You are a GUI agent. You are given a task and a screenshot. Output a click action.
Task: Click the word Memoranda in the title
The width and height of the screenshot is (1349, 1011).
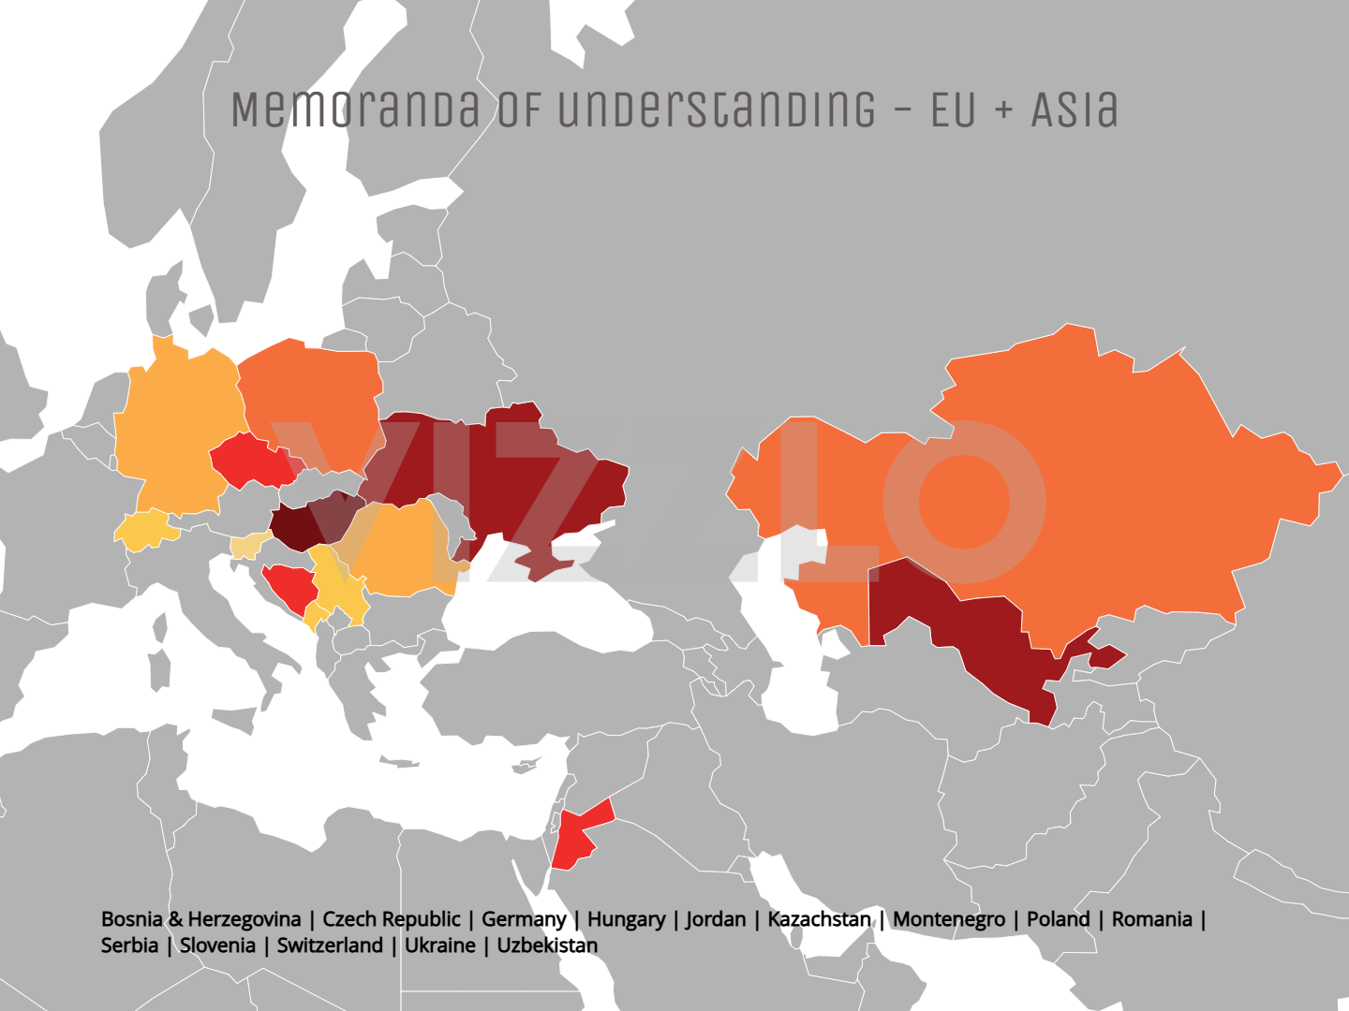(x=356, y=110)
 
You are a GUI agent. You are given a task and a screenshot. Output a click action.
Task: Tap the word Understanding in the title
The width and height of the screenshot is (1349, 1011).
(x=717, y=110)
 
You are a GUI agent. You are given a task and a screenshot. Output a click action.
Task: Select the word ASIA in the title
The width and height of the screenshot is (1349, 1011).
(x=1075, y=110)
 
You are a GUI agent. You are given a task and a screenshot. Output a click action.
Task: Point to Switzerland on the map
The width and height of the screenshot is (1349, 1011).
(x=145, y=530)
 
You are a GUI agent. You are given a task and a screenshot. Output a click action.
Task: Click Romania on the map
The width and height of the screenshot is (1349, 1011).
(x=398, y=552)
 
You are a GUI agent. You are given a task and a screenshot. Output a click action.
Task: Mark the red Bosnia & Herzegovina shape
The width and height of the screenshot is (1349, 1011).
(x=289, y=586)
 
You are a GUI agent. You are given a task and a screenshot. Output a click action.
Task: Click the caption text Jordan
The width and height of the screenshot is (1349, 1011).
(x=716, y=919)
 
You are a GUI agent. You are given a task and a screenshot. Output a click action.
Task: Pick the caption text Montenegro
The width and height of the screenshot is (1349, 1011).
(x=949, y=919)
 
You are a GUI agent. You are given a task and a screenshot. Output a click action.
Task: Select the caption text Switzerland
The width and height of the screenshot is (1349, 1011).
(x=330, y=945)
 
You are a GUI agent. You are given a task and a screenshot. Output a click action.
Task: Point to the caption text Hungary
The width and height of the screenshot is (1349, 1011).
(x=626, y=919)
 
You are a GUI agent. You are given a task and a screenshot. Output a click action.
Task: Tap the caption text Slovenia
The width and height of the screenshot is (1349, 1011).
(x=217, y=945)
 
